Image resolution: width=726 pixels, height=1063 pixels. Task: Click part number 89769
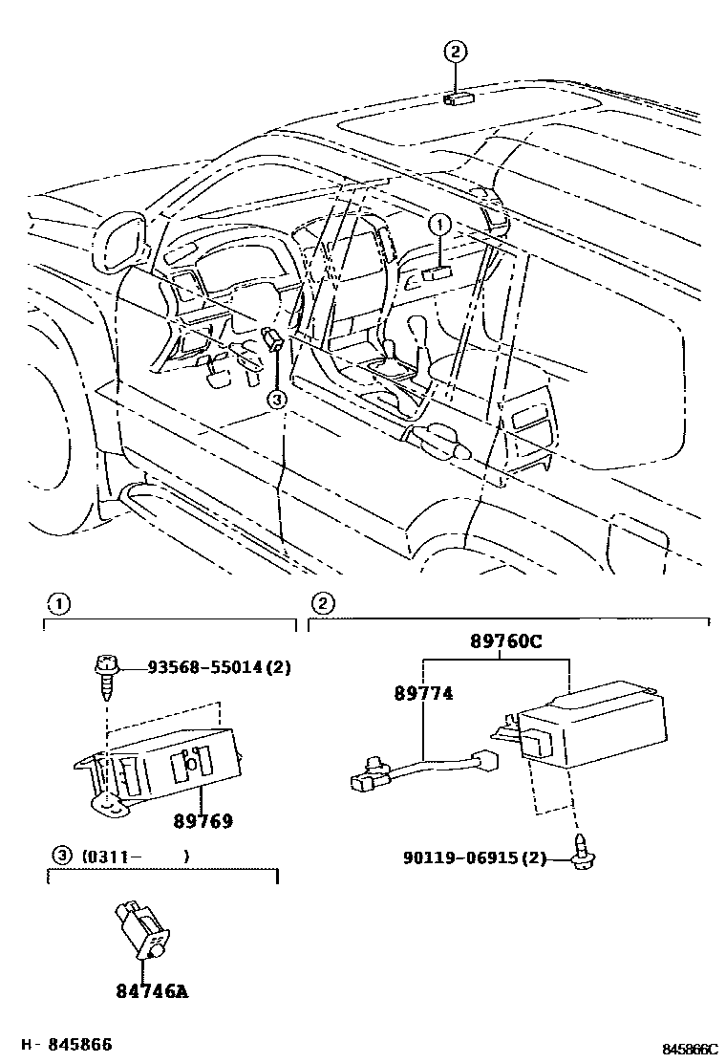click(x=203, y=821)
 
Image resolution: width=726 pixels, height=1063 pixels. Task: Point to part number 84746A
click(x=153, y=991)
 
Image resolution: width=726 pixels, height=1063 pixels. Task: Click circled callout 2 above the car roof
click(x=457, y=53)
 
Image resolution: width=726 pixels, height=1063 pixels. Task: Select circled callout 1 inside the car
click(x=438, y=227)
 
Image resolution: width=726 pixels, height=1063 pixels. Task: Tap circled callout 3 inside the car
click(x=276, y=400)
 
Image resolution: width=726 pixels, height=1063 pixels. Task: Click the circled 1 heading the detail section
click(x=58, y=603)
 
